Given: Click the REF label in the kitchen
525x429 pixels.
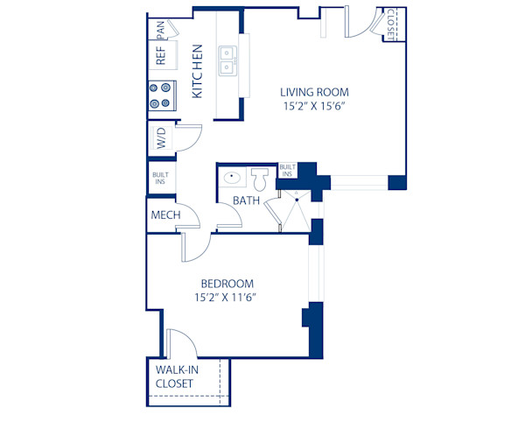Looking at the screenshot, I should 160,55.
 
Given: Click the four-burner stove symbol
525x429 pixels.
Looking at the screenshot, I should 160,94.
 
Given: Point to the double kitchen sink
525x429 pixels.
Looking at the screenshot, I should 227,60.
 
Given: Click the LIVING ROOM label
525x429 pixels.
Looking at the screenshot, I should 314,92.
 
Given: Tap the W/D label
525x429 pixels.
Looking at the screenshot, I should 160,139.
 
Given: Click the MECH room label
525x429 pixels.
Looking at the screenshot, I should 165,215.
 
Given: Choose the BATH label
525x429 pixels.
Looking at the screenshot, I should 246,201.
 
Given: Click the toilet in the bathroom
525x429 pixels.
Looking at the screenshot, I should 259,179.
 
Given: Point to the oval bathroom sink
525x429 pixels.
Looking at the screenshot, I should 232,179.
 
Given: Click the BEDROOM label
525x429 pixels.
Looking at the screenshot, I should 227,284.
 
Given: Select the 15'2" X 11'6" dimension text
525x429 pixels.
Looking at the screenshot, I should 227,298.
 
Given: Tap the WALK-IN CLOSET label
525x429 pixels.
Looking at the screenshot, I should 178,376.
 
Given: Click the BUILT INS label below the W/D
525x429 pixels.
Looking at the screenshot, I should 160,179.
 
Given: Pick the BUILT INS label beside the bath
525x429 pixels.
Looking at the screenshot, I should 286,170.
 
